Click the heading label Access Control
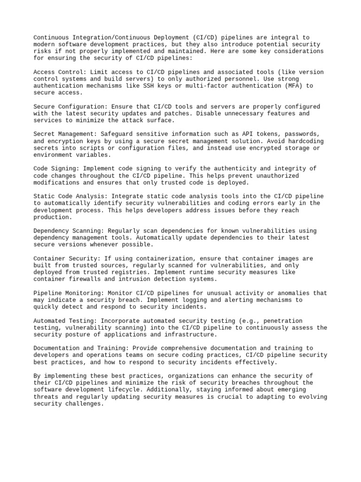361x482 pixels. pos(58,72)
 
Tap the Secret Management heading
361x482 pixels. pos(63,134)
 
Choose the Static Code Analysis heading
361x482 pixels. pos(69,196)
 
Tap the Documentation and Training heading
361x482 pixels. pos(78,348)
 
